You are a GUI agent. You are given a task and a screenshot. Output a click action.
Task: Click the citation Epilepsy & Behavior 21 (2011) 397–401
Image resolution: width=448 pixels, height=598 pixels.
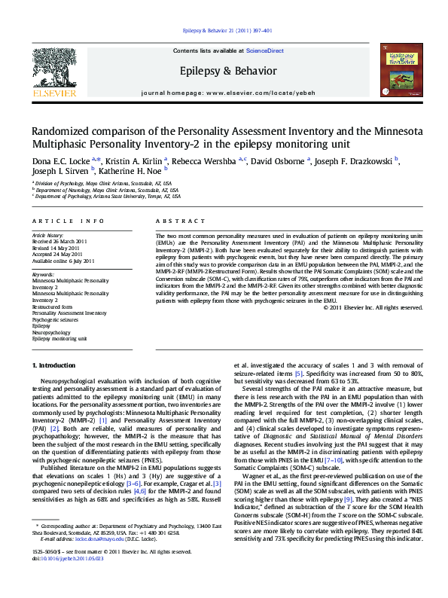click(x=227, y=31)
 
